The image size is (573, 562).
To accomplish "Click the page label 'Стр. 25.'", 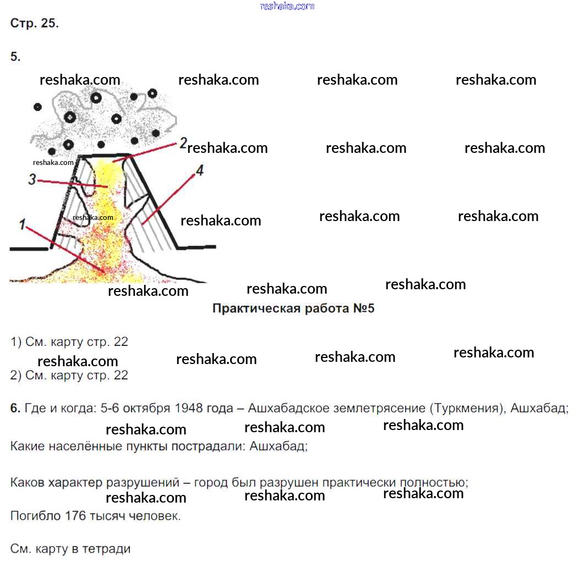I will [34, 23].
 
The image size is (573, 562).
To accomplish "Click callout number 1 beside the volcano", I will [23, 224].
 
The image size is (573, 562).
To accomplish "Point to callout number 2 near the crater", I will [183, 144].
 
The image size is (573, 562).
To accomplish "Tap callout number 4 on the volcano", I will [199, 171].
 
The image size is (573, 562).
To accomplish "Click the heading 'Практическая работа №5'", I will [293, 308].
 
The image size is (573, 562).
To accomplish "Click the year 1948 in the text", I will [189, 409].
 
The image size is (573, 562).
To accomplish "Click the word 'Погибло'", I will [35, 516].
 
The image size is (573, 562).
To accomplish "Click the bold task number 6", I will [15, 409].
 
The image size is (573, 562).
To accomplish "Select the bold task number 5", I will [15, 56].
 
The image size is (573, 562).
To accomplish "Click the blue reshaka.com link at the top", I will [287, 6].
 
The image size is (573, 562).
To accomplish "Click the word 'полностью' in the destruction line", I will [440, 483].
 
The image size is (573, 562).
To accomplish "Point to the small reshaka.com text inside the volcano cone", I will [92, 217].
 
